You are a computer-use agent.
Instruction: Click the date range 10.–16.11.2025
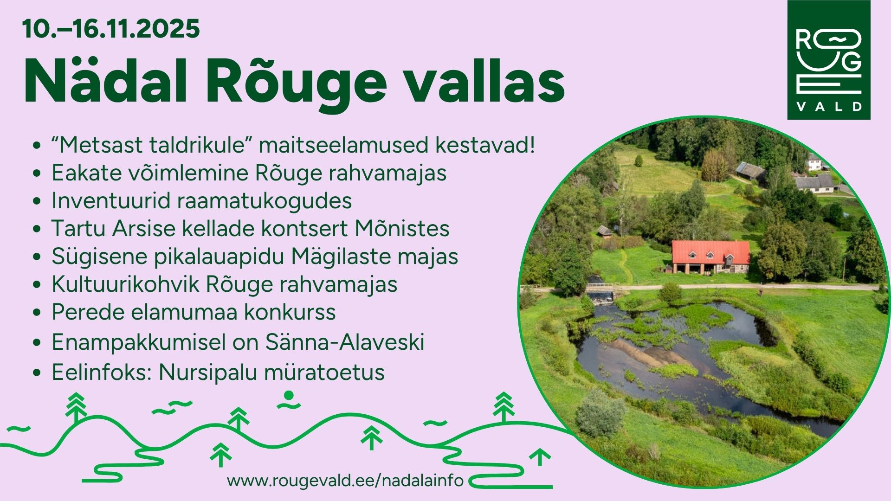(x=111, y=29)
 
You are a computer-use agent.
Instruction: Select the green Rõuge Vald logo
(x=829, y=60)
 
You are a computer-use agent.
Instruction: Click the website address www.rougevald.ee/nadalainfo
(x=345, y=480)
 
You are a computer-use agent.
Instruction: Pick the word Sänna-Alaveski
(x=345, y=342)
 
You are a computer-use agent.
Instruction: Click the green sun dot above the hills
(x=289, y=395)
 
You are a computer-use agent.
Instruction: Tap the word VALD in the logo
(x=829, y=107)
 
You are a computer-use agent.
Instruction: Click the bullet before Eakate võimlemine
(x=37, y=173)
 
